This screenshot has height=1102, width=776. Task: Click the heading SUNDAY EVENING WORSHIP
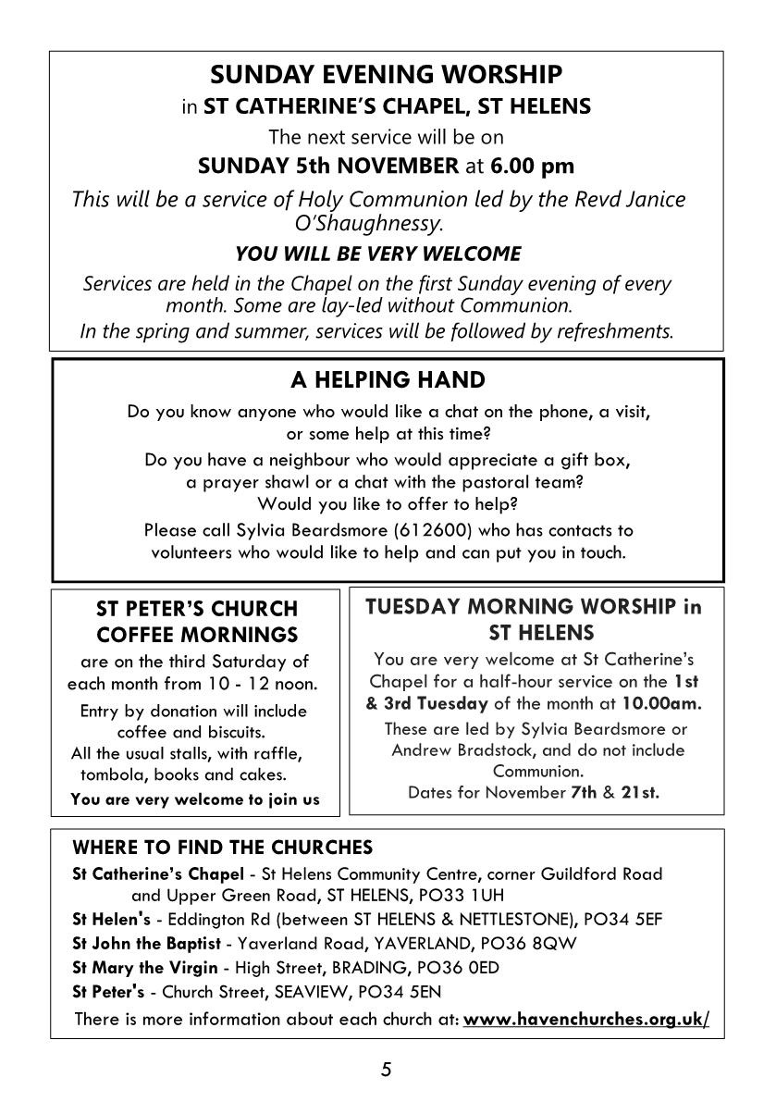386,74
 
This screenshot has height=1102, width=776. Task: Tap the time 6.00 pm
532,167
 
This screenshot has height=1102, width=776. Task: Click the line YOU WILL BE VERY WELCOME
378,254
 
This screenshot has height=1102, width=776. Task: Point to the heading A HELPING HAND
388,380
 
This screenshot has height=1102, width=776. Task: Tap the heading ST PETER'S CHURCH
197,609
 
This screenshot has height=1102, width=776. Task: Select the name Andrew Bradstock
459,750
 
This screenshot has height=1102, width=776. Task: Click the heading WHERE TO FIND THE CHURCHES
223,848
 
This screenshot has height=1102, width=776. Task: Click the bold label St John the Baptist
147,944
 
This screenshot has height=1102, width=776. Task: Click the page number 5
387,1071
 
